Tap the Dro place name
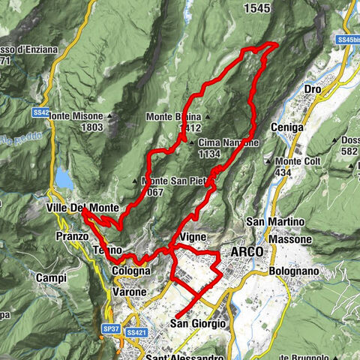click(x=313, y=90)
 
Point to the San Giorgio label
click(x=198, y=324)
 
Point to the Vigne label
click(x=193, y=236)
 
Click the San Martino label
click(x=275, y=222)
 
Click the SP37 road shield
click(x=111, y=329)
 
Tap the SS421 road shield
click(x=136, y=331)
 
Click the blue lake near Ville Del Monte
click(x=63, y=178)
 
